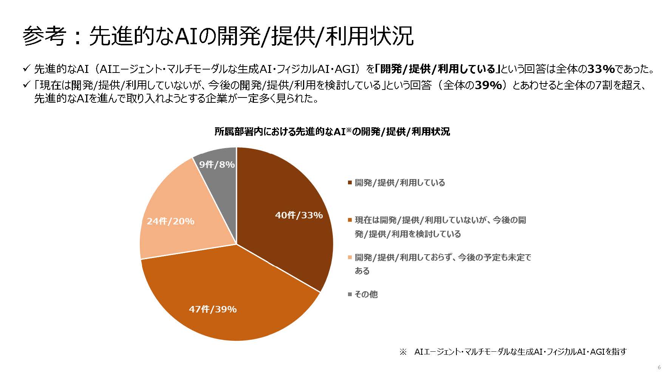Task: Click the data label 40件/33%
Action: (299, 215)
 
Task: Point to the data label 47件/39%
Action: (213, 309)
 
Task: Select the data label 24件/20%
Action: (170, 221)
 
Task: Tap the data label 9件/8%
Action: (217, 165)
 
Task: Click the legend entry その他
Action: (366, 294)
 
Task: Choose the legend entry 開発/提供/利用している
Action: (400, 183)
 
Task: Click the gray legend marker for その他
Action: (350, 294)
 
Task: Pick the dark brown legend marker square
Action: (350, 183)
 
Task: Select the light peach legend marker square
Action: (350, 258)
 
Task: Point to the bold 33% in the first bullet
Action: (601, 69)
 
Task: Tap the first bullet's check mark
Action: (26, 69)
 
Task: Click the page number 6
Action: (659, 367)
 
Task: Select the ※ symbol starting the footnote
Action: (403, 352)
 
